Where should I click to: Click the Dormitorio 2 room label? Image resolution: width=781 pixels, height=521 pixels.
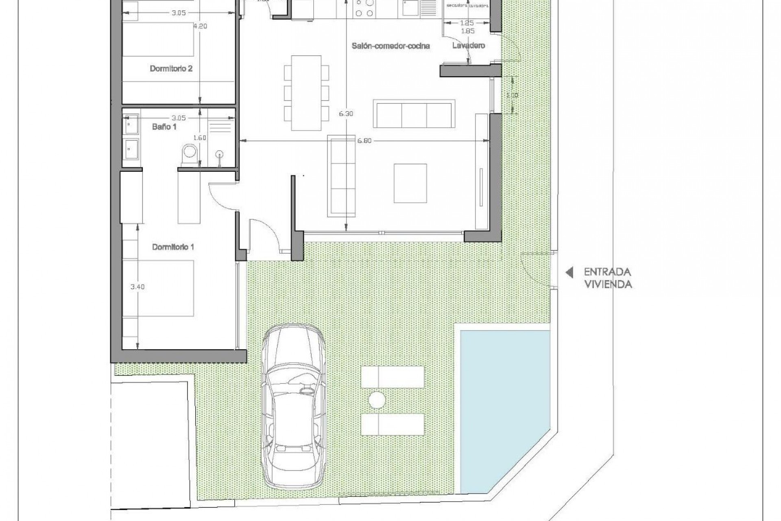pos(171,68)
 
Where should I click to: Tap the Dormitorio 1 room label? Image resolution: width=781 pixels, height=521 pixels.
pos(173,247)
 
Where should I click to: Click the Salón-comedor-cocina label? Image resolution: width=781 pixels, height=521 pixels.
pos(390,46)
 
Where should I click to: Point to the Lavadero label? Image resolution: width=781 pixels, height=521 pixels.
pos(468,46)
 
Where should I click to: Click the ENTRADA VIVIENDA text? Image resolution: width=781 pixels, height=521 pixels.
pos(608,278)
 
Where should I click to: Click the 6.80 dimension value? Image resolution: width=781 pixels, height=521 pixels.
pos(364,141)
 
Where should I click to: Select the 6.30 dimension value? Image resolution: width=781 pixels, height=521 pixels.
pos(346,114)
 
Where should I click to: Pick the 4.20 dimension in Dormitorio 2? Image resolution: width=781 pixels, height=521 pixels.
pos(200,26)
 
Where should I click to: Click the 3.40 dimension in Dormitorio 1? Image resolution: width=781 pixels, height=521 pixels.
pos(137,287)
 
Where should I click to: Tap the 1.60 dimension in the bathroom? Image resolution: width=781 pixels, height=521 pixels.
pos(199,138)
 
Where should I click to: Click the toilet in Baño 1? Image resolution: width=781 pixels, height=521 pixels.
pos(190,153)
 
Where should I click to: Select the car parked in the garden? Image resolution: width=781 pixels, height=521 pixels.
pos(294,405)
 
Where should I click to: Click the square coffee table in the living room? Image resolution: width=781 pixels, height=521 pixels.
pos(410,183)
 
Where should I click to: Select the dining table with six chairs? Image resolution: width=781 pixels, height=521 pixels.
pos(306,92)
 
